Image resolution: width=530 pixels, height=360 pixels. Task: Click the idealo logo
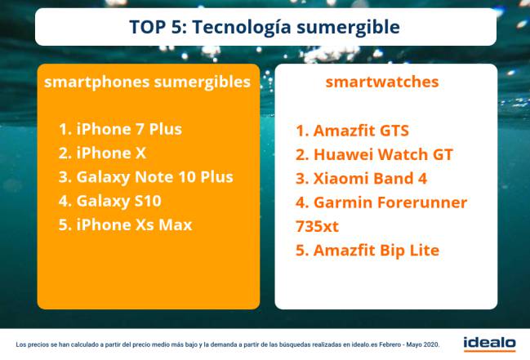[489, 344]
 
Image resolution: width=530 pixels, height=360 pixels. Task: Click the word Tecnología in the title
[242, 27]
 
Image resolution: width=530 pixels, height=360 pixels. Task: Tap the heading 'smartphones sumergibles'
[147, 82]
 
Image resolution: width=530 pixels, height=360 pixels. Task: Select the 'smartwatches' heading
[382, 82]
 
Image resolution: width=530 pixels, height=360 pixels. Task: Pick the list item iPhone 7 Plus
[120, 129]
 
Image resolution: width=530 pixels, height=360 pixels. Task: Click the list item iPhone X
[102, 153]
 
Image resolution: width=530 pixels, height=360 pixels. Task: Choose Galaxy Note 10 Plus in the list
[146, 177]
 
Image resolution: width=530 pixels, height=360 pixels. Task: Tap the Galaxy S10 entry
[110, 201]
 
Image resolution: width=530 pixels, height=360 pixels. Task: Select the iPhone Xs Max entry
[126, 224]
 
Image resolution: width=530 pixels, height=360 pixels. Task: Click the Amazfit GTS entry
[352, 131]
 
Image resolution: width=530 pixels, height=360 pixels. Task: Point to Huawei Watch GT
[374, 154]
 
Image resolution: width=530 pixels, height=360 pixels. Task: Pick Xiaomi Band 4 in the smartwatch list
[361, 179]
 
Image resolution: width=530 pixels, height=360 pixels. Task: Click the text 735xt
[317, 226]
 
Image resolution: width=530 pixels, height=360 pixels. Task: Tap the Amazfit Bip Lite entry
[367, 251]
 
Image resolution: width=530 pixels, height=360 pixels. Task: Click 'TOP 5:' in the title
[158, 27]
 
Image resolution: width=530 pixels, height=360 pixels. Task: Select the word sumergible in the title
[348, 28]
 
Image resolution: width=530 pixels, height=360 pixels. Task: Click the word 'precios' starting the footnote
[38, 345]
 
